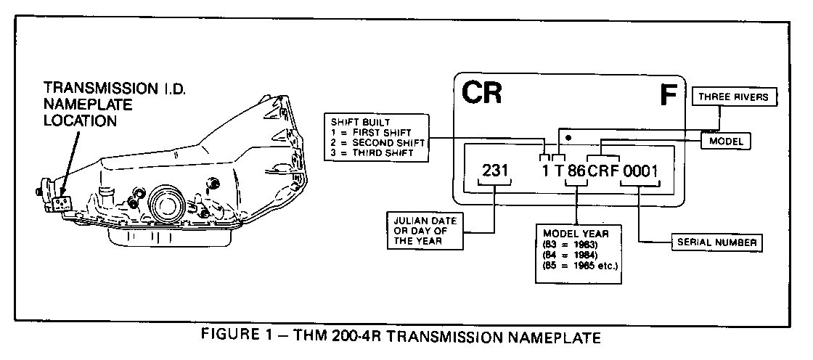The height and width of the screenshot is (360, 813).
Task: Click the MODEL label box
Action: (725, 142)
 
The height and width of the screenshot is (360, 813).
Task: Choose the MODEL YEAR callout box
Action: (576, 251)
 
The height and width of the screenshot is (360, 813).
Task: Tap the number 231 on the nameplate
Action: (496, 171)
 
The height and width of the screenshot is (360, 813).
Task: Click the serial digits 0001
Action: (639, 172)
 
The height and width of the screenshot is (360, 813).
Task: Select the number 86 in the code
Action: (576, 172)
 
